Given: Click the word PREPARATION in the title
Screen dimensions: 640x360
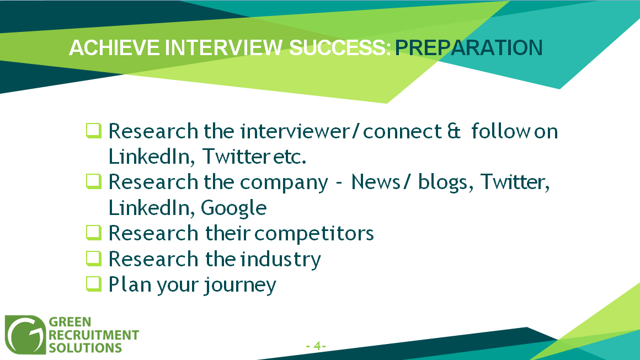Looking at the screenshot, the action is (468, 48).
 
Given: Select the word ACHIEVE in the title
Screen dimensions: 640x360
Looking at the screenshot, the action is (114, 48).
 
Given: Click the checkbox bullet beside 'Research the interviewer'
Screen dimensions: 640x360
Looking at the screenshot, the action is (93, 131).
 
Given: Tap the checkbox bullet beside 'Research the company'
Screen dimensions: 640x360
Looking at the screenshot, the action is (93, 181).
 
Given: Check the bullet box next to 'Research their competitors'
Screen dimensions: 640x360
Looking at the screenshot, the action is (93, 233).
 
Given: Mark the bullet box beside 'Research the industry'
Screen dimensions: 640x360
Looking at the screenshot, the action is (93, 259).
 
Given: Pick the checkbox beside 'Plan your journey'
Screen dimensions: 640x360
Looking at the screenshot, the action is (93, 284).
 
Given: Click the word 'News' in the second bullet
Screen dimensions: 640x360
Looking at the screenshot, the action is (376, 182).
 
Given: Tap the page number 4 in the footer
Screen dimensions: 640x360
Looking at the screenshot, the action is (317, 346).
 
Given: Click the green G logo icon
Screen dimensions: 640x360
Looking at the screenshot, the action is (25, 335).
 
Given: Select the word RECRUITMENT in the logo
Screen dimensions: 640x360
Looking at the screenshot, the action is (94, 335).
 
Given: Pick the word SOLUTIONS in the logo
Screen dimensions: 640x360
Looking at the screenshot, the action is (86, 348).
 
